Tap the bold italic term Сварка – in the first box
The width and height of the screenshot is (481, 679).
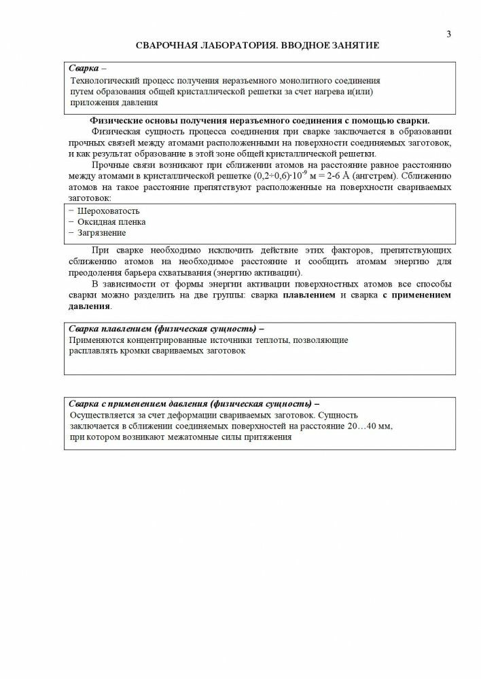88,69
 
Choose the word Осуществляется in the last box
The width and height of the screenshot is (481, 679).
103,414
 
